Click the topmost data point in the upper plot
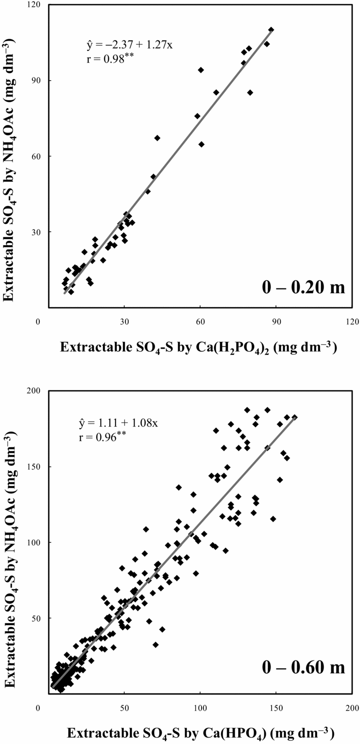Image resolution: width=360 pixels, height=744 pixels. (271, 30)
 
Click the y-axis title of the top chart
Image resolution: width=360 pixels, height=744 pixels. (15, 156)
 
